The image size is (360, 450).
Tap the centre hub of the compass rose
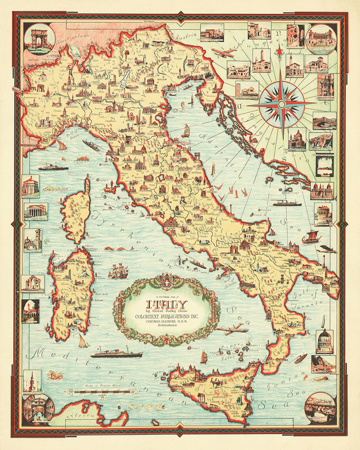pyautogui.click(x=282, y=104)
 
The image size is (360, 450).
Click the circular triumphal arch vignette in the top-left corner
pyautogui.click(x=39, y=39)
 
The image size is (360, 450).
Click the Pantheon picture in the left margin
pyautogui.click(x=35, y=211)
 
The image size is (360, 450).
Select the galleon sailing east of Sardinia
pyautogui.click(x=118, y=271)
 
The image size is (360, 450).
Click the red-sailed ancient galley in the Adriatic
pyautogui.click(x=311, y=237)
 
